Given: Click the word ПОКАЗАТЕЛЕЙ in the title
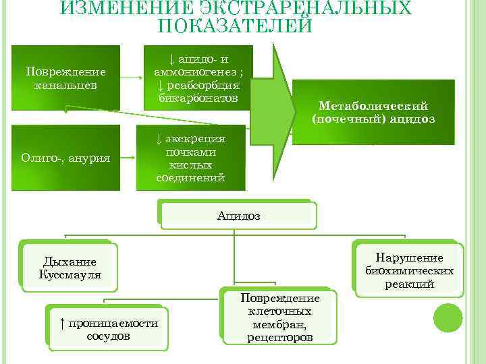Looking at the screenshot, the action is click(234, 26).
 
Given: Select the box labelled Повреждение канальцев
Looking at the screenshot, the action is click(65, 78).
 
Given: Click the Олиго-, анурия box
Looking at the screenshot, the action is click(65, 158).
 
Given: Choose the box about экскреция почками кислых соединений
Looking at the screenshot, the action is click(191, 158).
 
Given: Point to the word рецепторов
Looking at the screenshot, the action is click(280, 336).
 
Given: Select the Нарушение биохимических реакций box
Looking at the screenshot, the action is click(408, 270).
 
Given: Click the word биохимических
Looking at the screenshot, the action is click(409, 271).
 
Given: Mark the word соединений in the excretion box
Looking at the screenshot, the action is click(190, 178).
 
